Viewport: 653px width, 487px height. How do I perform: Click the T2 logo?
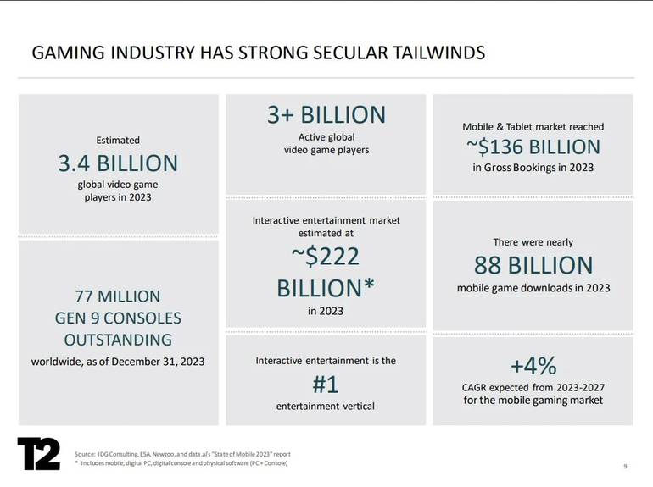38,454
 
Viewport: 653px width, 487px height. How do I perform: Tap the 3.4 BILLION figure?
118,163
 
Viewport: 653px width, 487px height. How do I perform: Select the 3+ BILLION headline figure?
326,115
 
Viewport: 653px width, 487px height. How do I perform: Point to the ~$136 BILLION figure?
533,147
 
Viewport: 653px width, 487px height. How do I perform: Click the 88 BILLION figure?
533,265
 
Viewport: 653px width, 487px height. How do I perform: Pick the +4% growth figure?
533,366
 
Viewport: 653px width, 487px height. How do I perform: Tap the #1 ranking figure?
326,385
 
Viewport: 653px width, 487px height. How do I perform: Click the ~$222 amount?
326,256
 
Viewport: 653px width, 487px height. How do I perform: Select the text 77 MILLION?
118,296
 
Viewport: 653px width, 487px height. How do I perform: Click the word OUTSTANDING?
118,340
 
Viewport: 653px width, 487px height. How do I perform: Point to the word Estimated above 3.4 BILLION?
118,140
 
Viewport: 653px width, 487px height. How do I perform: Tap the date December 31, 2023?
158,362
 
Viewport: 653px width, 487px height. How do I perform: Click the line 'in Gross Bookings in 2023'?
533,168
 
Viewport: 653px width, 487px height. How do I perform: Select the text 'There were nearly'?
533,242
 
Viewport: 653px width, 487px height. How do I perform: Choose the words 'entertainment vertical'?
326,406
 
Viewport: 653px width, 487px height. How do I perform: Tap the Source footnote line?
182,454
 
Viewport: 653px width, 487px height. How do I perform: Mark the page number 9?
625,466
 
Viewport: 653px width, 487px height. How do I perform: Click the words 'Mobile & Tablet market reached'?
533,127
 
